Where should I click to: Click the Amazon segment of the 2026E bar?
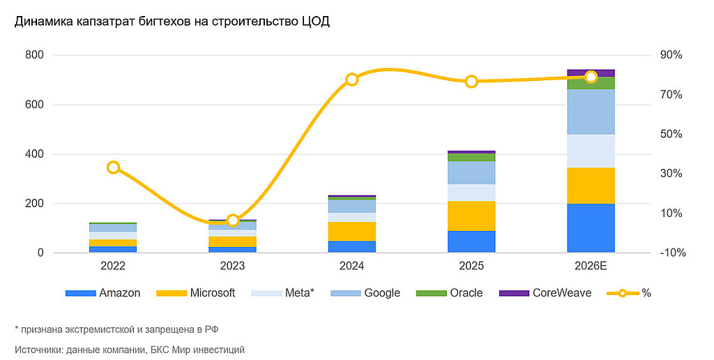click(x=591, y=227)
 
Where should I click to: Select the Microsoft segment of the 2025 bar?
click(x=471, y=216)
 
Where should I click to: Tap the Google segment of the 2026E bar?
click(x=591, y=112)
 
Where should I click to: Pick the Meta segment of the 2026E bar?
click(x=591, y=151)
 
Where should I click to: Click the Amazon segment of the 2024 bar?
click(x=352, y=246)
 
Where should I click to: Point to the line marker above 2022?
click(x=114, y=167)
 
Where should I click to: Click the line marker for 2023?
click(x=233, y=220)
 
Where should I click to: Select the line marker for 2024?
click(x=352, y=80)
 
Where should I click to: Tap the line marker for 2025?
click(x=471, y=82)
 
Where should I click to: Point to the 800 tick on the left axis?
click(x=34, y=55)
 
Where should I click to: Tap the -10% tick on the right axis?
click(x=671, y=253)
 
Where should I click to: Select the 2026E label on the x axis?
click(x=591, y=267)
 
